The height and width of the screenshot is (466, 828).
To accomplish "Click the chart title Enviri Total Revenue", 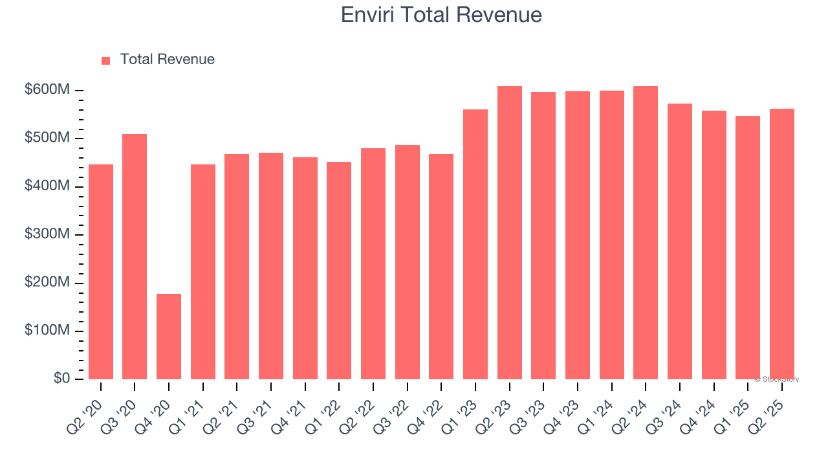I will (x=441, y=14).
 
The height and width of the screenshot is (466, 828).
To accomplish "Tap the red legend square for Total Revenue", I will (x=106, y=60).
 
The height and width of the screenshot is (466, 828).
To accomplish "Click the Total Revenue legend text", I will (x=167, y=60).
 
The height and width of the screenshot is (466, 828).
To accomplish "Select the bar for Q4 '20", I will (x=169, y=337).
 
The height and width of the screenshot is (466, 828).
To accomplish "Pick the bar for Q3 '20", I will (x=135, y=256).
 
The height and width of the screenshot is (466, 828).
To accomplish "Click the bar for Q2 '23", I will (x=509, y=232).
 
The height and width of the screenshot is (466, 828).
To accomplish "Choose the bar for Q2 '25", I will (x=781, y=243).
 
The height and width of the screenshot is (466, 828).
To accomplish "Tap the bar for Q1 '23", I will (x=475, y=244).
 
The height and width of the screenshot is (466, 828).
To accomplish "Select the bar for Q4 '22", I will (x=441, y=266).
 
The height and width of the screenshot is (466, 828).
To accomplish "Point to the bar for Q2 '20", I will (x=101, y=271).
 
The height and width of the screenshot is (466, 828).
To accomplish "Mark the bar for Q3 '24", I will (x=679, y=241).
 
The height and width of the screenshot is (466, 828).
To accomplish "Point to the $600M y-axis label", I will (x=47, y=90).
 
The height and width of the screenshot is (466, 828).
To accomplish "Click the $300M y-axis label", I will (x=47, y=234).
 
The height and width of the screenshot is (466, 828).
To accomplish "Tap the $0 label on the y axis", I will (x=61, y=379).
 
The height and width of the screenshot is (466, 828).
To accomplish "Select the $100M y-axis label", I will (x=47, y=331).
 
